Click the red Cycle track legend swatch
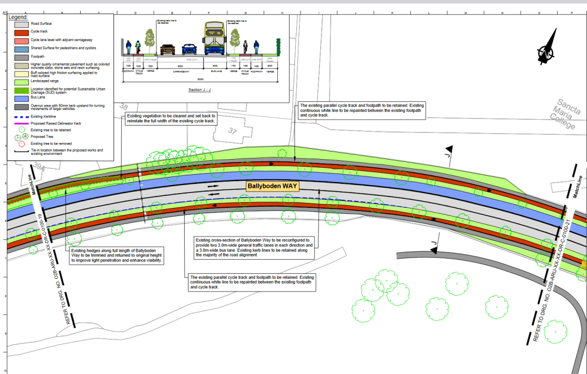click(22, 31)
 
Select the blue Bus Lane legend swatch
click(22, 99)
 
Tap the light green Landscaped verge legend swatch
click(22, 82)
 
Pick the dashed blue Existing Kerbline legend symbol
click(22, 115)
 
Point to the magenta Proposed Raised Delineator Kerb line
click(22, 123)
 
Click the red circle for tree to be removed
click(22, 143)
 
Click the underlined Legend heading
click(18, 17)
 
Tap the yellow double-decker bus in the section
click(214, 40)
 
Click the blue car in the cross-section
click(189, 49)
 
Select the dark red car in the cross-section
click(167, 50)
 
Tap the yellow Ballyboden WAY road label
click(273, 186)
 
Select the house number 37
click(233, 131)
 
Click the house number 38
click(124, 107)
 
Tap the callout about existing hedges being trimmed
click(116, 255)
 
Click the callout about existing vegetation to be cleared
click(171, 119)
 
